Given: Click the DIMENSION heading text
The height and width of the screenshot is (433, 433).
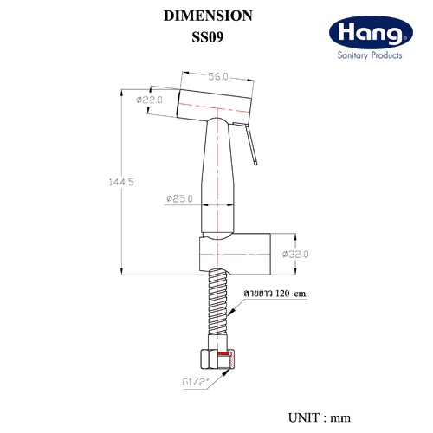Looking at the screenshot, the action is coord(208,16).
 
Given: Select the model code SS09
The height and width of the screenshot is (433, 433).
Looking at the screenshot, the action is coord(208,37).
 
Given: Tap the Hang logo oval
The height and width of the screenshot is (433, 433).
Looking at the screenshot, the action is coord(371,32).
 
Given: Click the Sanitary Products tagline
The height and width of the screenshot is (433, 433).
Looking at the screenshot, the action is coord(370,55).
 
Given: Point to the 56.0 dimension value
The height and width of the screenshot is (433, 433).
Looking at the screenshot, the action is coord(218,76).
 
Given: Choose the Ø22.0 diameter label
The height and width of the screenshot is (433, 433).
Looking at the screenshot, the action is coord(149,100).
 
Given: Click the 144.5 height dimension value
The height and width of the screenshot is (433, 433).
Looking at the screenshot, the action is coord(121,182).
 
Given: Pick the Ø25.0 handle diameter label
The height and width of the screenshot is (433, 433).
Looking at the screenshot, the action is coord(179,198).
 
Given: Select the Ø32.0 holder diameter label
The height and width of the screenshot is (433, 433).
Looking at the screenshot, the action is coord(295,255).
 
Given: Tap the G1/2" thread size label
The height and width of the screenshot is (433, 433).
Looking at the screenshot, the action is coord(196,382).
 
